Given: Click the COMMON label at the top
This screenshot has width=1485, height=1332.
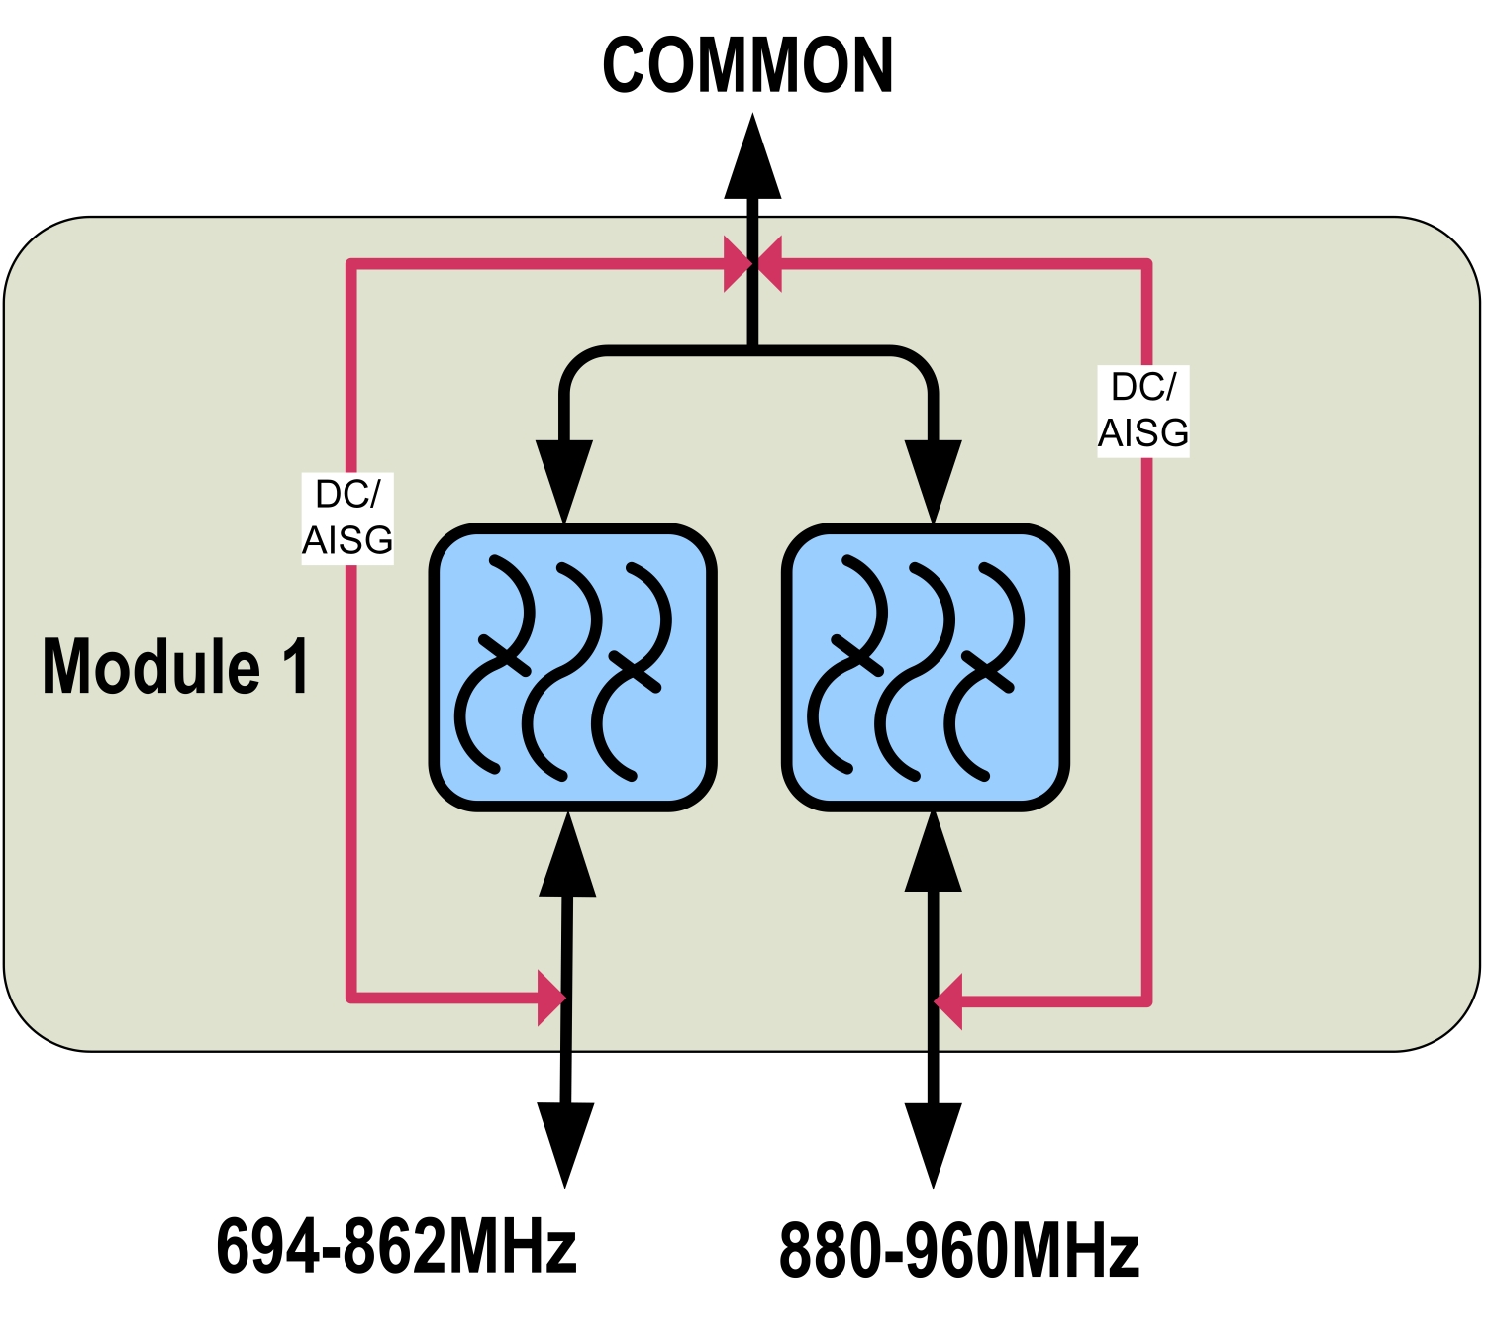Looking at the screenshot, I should [x=747, y=66].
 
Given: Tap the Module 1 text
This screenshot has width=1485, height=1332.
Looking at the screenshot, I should [x=175, y=666].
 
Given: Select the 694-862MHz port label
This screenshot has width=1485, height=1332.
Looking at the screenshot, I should [x=396, y=1246].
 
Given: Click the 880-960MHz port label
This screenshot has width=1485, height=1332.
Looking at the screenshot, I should [x=958, y=1251].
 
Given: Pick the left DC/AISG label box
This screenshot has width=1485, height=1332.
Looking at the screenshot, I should [x=347, y=519].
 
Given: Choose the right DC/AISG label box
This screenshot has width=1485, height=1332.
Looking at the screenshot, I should [x=1143, y=411].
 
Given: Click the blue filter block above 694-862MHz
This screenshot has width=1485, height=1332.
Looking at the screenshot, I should [x=572, y=667].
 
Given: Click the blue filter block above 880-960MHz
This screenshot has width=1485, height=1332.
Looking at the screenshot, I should [x=926, y=667].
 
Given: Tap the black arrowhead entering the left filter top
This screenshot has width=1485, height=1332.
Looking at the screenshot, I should [x=564, y=477].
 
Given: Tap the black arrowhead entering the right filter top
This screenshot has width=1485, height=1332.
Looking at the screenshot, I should [x=934, y=477].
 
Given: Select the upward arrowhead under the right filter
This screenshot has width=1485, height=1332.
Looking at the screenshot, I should [x=934, y=853].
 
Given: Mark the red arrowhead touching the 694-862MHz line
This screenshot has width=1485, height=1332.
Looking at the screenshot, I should [x=550, y=998].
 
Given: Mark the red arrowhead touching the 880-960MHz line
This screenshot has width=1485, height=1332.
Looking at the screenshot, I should [x=949, y=1001].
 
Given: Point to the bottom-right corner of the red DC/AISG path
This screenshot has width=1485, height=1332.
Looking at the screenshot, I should [x=1147, y=1001].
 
